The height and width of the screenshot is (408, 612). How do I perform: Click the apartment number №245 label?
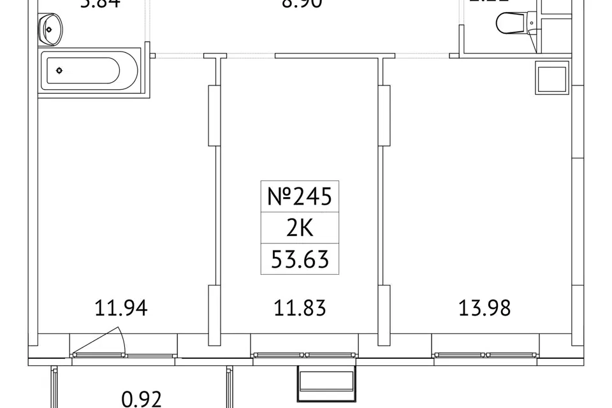(299, 197)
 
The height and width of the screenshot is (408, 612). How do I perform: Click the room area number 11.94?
(121, 309)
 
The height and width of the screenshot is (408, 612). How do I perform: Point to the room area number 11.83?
(300, 309)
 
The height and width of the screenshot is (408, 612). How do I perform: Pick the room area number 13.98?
(484, 309)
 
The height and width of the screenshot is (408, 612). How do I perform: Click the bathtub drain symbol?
(59, 70)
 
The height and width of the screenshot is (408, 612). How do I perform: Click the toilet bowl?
(512, 24)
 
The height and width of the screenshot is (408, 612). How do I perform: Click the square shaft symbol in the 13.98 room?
(551, 78)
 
